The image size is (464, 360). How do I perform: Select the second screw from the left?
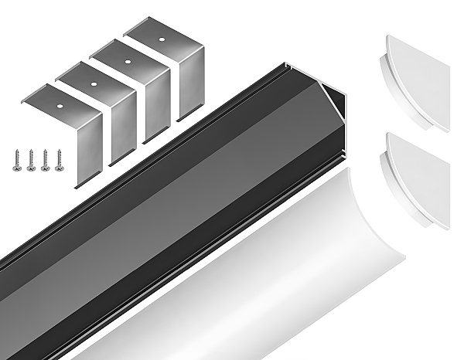point(31,158)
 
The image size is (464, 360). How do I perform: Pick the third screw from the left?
point(45,158)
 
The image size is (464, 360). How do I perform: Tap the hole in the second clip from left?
point(92,82)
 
